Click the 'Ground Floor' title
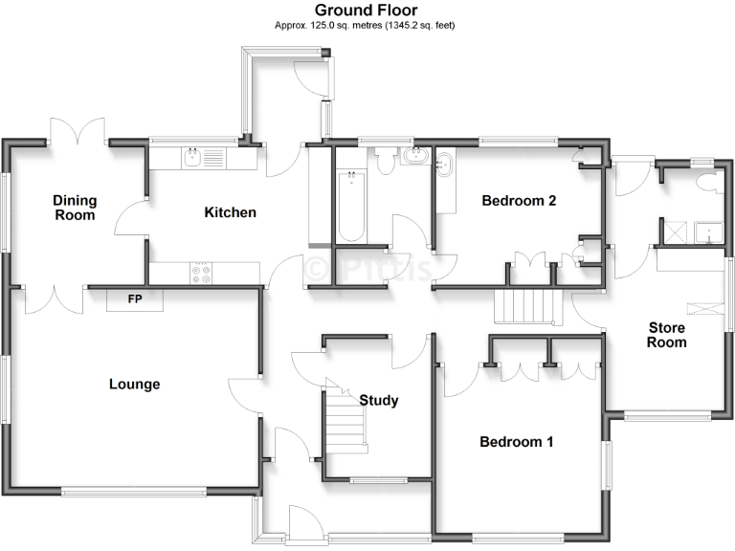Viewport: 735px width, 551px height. pos(366,10)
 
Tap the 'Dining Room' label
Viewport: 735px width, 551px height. pos(75,208)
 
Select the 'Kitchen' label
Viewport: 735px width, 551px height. pos(230,212)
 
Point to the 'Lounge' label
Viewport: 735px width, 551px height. pos(134,385)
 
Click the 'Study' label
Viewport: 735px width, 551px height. pos(378,401)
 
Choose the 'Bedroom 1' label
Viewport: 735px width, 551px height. pos(517,442)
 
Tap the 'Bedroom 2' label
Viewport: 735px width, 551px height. pos(519,201)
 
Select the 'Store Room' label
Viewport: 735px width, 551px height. pos(667,335)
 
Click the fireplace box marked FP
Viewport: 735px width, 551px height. pos(135,299)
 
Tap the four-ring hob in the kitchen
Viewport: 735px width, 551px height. pos(202,273)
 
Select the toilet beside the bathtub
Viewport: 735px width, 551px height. pos(386,163)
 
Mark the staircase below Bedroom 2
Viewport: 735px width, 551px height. pos(524,305)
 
